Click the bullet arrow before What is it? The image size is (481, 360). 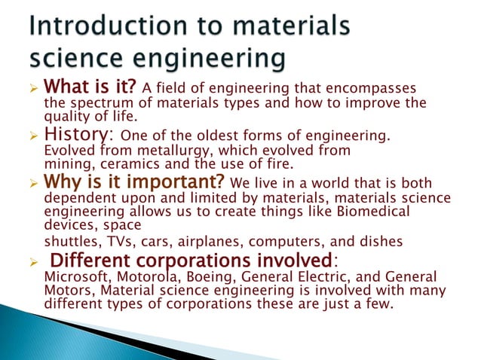[32, 92]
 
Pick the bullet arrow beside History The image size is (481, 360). [32, 136]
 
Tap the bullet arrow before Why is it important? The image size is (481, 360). [32, 184]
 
